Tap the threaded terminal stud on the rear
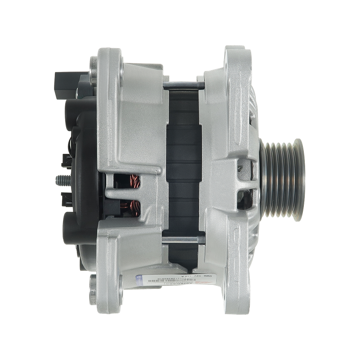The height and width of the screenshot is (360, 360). (61, 180)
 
